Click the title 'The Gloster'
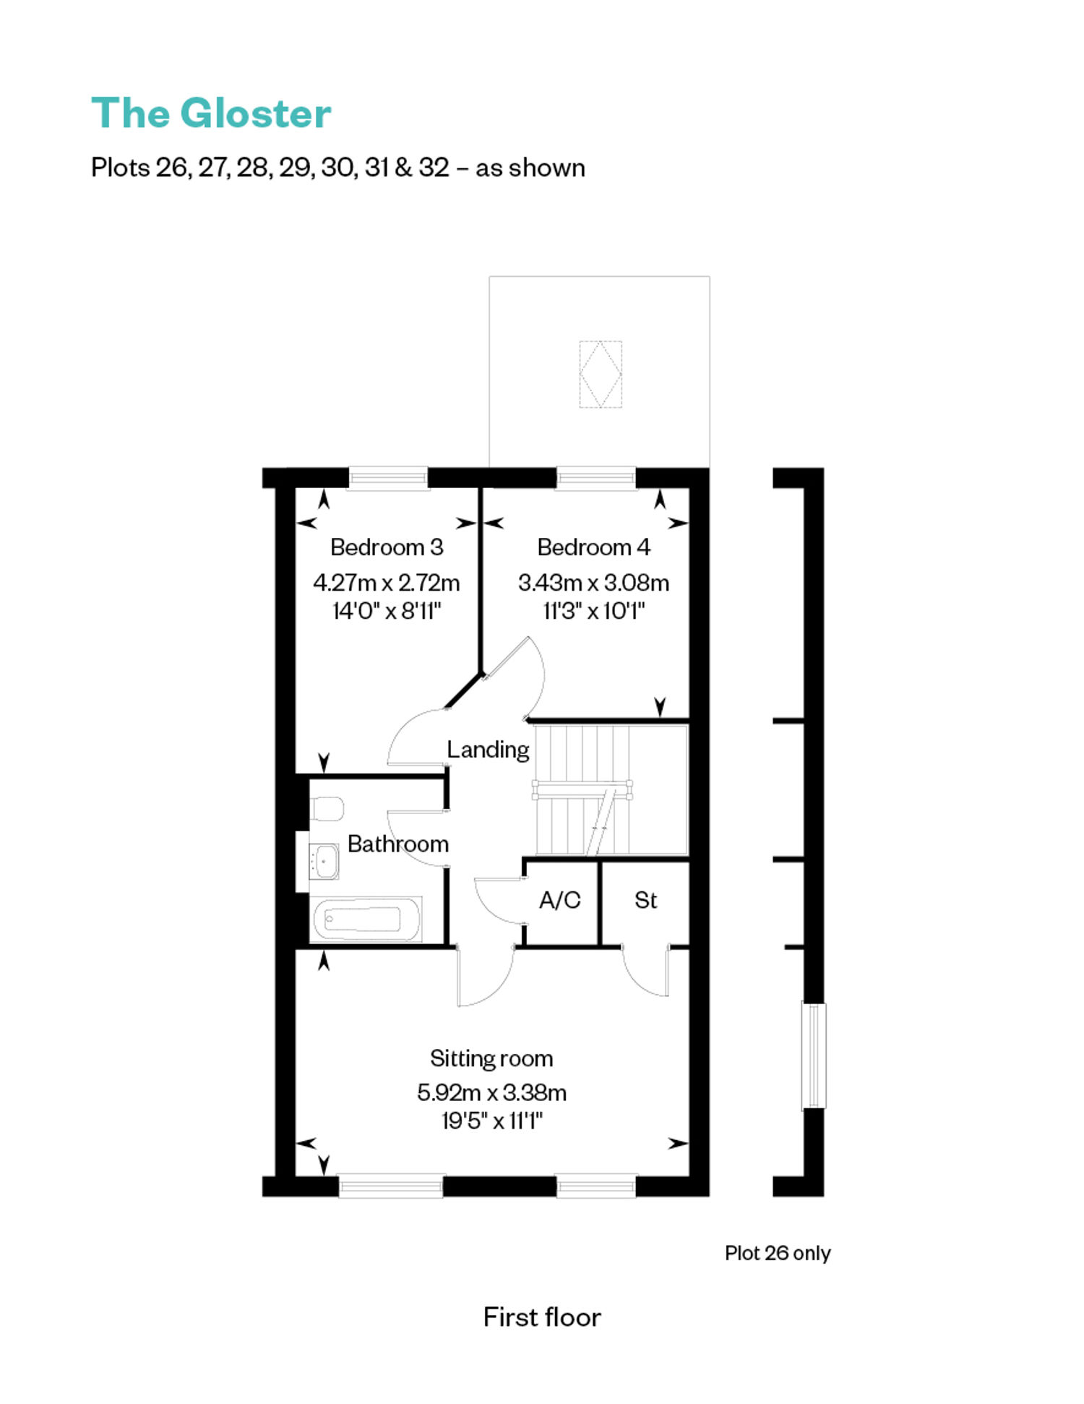point(211,114)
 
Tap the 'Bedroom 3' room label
point(387,547)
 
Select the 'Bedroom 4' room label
point(593,547)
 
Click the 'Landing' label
point(488,750)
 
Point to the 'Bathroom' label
point(398,844)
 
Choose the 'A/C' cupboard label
point(560,900)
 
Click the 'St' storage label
point(645,900)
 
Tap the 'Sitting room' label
point(491,1058)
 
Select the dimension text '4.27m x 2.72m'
point(387,582)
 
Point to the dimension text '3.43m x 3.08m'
point(593,582)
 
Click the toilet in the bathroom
point(326,810)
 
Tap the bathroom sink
point(324,861)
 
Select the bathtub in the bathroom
point(366,920)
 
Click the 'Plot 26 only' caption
point(778,1253)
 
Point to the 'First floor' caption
point(542,1317)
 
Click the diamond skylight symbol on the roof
point(600,374)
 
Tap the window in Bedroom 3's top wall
point(388,479)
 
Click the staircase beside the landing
point(611,789)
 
